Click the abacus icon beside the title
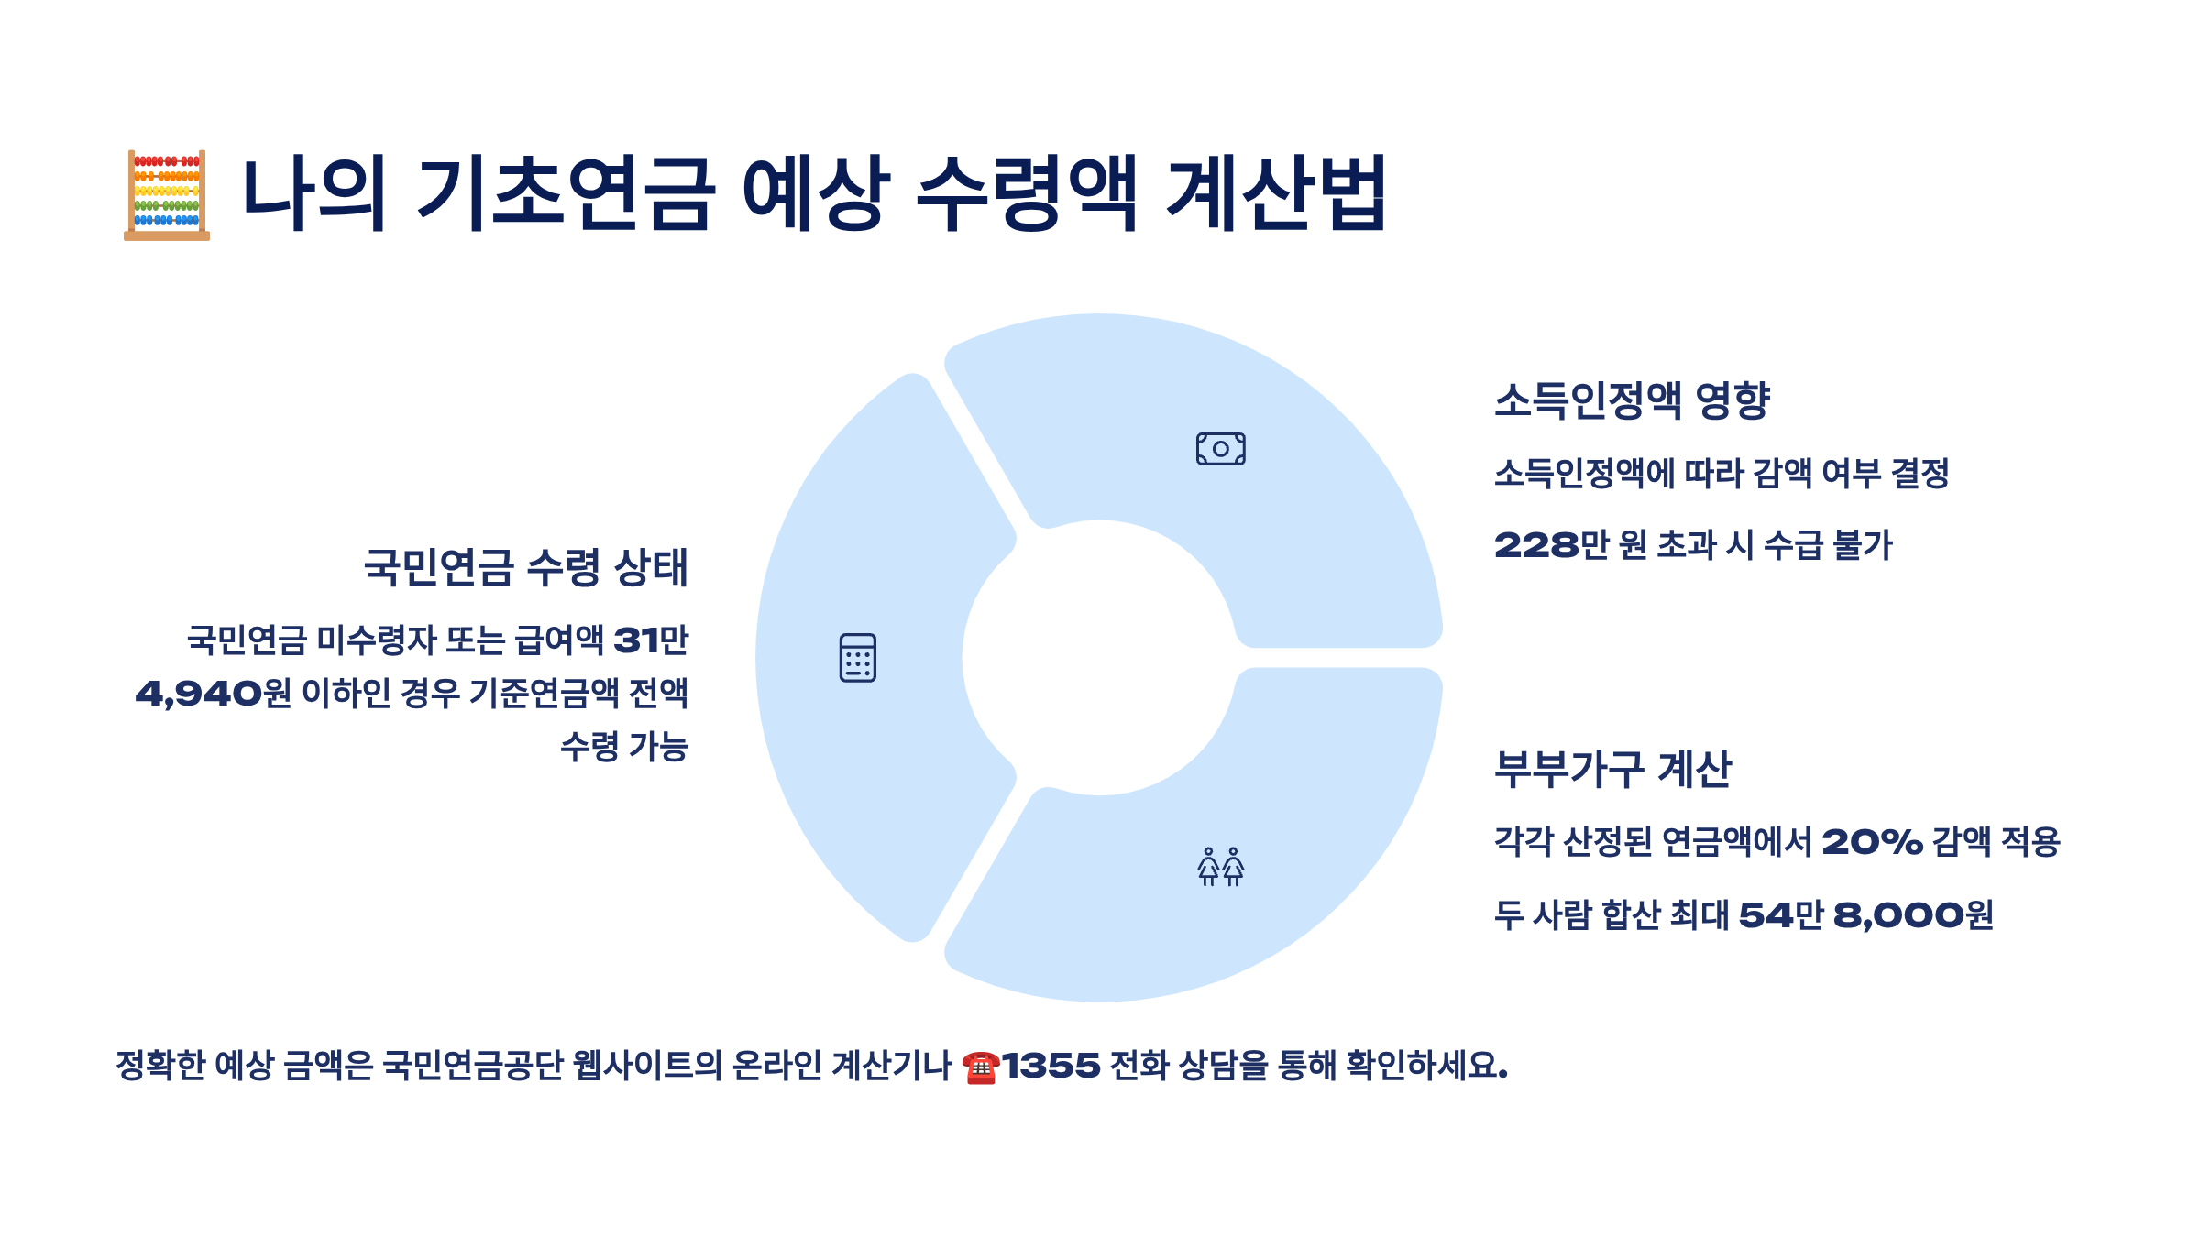tap(167, 195)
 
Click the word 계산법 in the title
tap(1276, 193)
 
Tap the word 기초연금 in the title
tap(565, 193)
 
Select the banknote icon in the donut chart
tap(1220, 449)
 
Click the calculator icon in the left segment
tap(857, 658)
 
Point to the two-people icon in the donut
tap(1220, 867)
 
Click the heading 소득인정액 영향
tap(1632, 400)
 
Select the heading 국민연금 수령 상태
tap(525, 567)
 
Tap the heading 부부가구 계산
tap(1613, 769)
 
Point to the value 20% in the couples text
tap(1872, 842)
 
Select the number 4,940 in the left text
tap(198, 694)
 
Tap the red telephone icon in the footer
tap(980, 1067)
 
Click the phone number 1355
tap(1050, 1066)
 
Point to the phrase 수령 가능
tap(624, 747)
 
